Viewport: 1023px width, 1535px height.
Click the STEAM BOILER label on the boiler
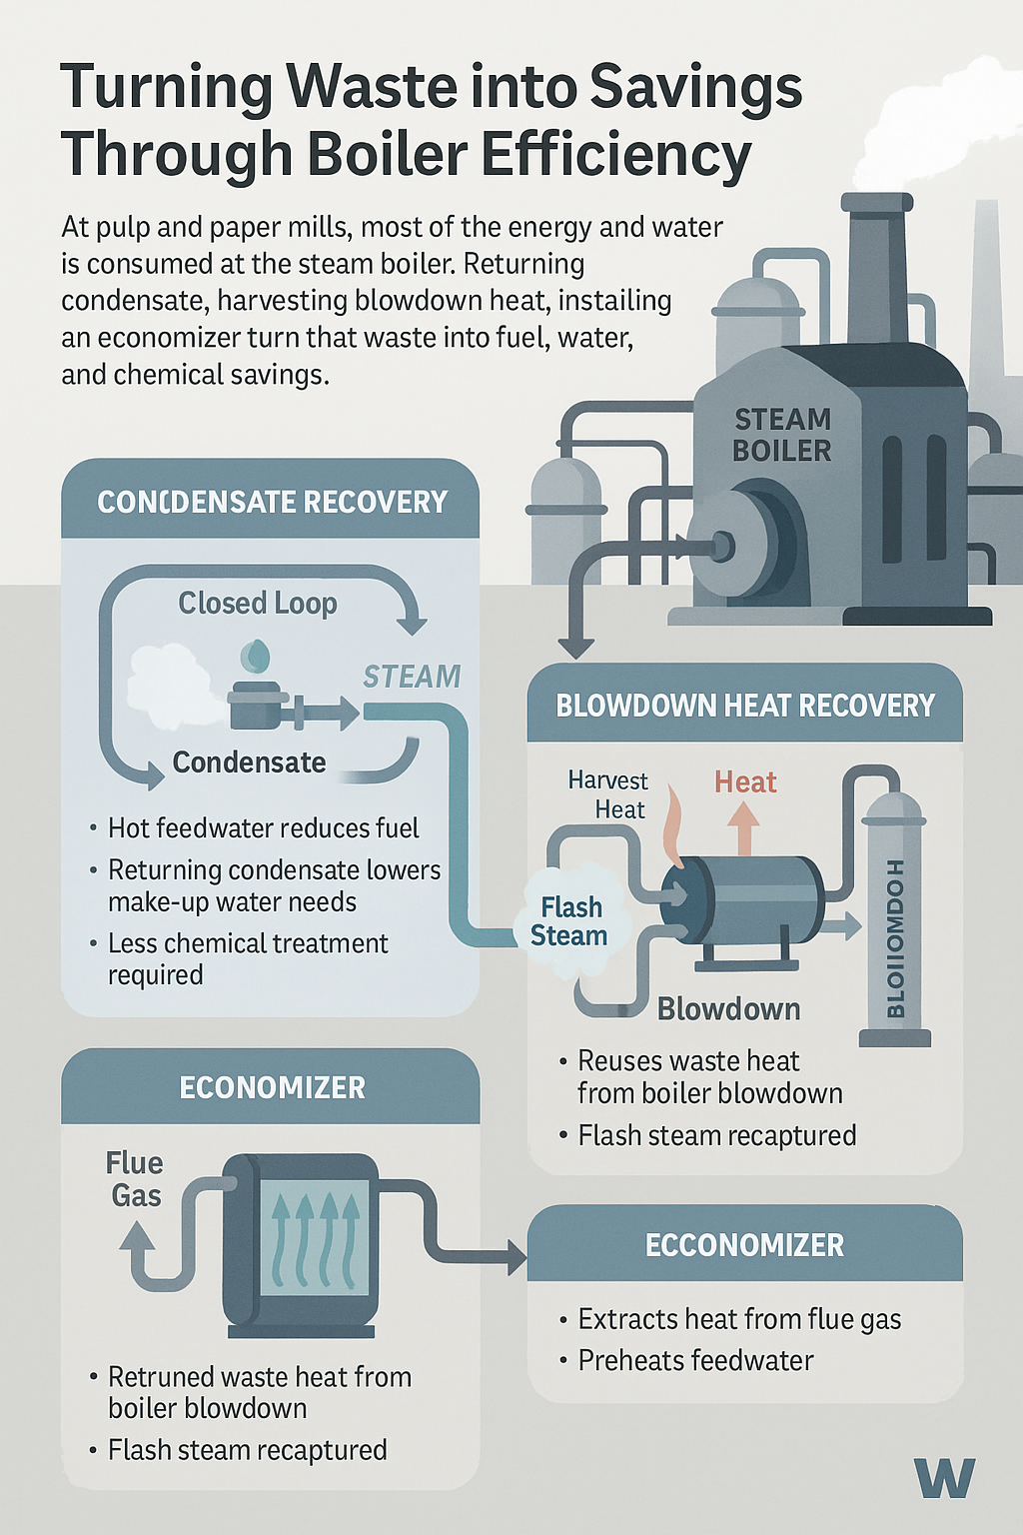(x=782, y=435)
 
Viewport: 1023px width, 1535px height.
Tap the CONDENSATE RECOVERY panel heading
(x=272, y=502)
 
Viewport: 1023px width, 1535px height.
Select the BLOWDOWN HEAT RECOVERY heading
(x=745, y=706)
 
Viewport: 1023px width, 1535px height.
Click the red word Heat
(x=745, y=781)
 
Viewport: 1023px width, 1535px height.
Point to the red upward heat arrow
(x=743, y=826)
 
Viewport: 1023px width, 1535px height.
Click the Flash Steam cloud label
(x=569, y=921)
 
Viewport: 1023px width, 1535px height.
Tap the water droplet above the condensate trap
(x=256, y=656)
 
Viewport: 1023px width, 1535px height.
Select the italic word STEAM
(x=412, y=677)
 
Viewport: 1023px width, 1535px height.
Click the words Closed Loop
(x=258, y=603)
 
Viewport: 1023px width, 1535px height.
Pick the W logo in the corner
(x=944, y=1477)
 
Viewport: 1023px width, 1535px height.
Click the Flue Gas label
(x=135, y=1179)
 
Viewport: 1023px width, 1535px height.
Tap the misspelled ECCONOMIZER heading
(x=745, y=1245)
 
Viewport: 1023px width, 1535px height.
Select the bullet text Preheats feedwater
(x=695, y=1360)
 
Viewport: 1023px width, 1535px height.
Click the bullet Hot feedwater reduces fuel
(x=263, y=827)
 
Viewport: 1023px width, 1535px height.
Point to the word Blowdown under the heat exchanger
(x=728, y=1008)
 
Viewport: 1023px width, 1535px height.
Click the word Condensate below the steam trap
(x=249, y=763)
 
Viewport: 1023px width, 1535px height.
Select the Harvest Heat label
(x=607, y=794)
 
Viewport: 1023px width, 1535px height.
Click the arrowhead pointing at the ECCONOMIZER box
(x=516, y=1256)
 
